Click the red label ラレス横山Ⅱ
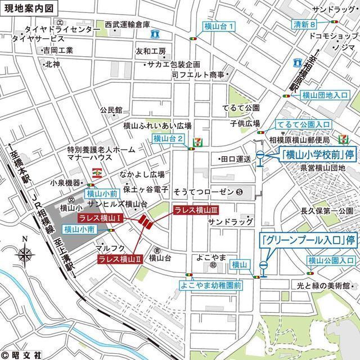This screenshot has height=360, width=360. pos(118,259)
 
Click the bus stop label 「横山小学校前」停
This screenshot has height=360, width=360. pos(318,154)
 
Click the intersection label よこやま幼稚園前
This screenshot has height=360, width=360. pos(211,285)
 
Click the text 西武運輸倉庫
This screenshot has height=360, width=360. pos(127,25)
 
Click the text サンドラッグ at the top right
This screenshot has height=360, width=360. pos(334,10)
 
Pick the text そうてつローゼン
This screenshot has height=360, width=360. pos(205,192)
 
